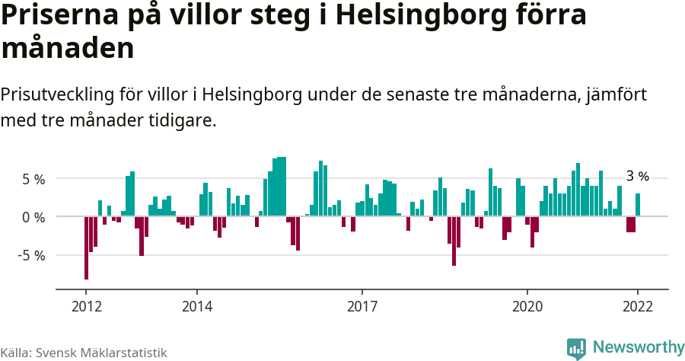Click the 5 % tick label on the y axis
tap(33, 179)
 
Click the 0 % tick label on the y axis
tap(33, 216)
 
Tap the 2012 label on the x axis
tap(86, 306)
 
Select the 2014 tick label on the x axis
tap(196, 306)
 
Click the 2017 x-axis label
tap(362, 306)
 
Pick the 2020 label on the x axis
tap(527, 306)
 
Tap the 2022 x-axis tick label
tap(638, 306)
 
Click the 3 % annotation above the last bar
tap(637, 177)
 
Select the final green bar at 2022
tap(638, 205)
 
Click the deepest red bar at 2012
tap(86, 248)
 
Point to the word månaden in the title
tap(68, 49)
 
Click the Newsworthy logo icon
tap(576, 348)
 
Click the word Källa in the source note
tap(15, 353)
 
